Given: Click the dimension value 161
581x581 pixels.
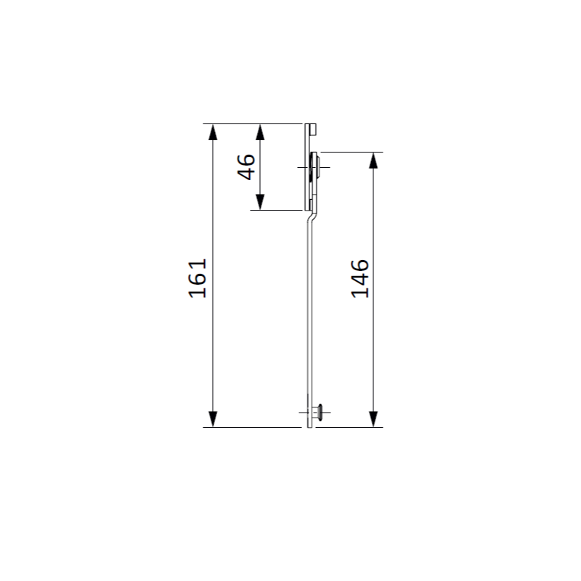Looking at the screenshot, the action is [198, 278].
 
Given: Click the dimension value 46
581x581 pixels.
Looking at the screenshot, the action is [246, 167].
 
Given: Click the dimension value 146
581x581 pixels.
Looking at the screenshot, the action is [359, 279].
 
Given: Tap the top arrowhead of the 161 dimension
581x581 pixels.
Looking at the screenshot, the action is [213, 132].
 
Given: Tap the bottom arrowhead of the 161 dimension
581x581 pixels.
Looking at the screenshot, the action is [213, 419].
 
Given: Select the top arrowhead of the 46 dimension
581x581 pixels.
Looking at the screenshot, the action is [260, 132].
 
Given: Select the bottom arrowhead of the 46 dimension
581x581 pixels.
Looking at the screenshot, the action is [260, 202].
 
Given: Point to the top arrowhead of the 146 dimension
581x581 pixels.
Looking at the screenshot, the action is [373, 161].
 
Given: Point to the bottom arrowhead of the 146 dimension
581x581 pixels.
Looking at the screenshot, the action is [373, 419].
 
